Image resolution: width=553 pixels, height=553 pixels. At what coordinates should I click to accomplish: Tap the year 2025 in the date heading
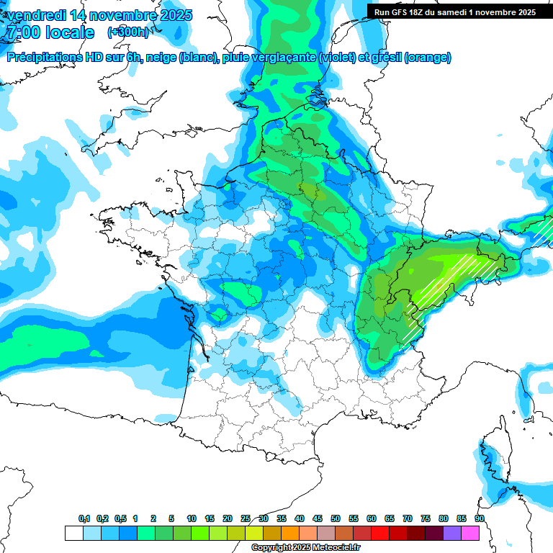click(172, 15)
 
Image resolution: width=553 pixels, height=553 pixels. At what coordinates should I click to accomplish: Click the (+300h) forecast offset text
click(129, 32)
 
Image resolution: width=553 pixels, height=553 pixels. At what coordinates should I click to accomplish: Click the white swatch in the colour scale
click(73, 533)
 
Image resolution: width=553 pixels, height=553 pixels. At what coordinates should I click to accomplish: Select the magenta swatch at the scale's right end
click(470, 533)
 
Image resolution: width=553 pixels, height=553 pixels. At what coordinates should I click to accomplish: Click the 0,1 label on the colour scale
click(84, 518)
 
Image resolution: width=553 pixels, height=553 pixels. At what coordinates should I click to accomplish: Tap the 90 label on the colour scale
click(479, 518)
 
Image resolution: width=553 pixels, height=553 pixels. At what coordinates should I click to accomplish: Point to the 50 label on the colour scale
click(336, 518)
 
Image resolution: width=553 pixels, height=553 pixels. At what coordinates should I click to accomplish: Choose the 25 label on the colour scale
click(246, 518)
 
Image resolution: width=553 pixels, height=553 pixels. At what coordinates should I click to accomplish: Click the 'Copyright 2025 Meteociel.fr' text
click(305, 548)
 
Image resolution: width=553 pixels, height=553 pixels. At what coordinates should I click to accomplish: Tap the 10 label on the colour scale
click(192, 518)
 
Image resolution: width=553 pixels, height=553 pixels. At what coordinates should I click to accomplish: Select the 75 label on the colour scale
click(426, 518)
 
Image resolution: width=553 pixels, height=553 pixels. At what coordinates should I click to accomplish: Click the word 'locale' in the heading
click(68, 32)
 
